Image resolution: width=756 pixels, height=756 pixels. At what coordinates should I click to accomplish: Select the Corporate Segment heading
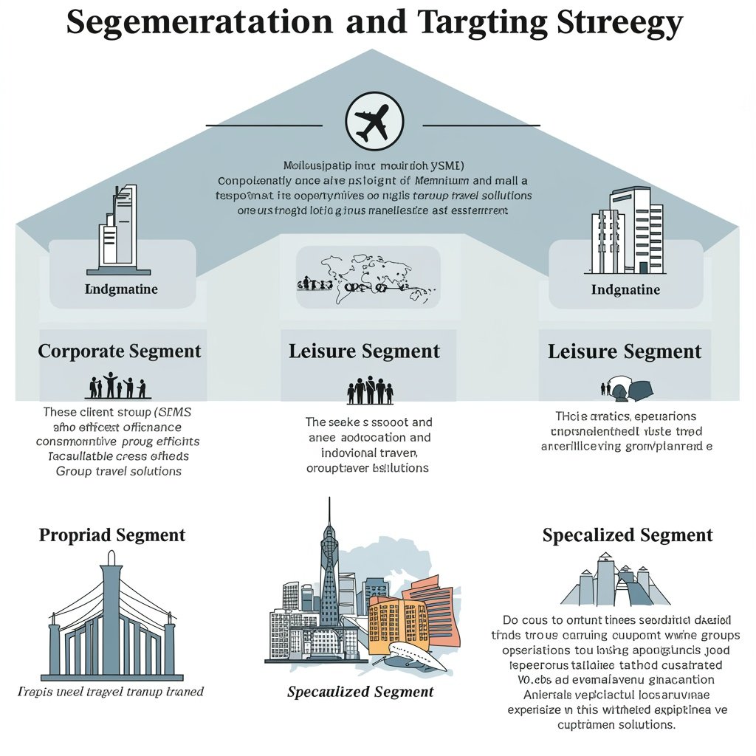120,351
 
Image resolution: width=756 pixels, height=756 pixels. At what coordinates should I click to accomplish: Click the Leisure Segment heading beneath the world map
364,351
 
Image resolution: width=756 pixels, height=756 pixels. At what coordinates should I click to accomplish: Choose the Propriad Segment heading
112,535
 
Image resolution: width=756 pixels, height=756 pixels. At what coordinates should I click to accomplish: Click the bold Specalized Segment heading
628,535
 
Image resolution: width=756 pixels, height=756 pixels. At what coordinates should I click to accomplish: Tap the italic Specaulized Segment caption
360,692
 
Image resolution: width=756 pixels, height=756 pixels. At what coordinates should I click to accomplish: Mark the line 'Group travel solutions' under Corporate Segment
118,471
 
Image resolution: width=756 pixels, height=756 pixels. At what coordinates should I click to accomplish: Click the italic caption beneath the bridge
111,692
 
